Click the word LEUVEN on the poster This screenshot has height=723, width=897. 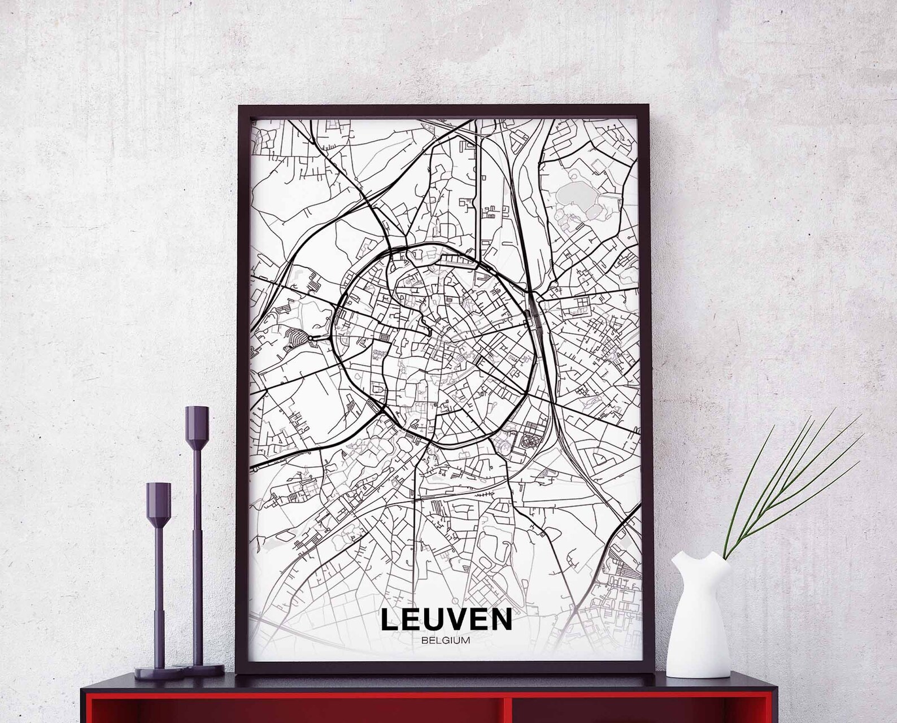[446, 619]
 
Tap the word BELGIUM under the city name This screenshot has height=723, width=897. [446, 641]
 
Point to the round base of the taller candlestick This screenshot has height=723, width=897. [202, 669]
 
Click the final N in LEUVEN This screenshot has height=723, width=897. [502, 619]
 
